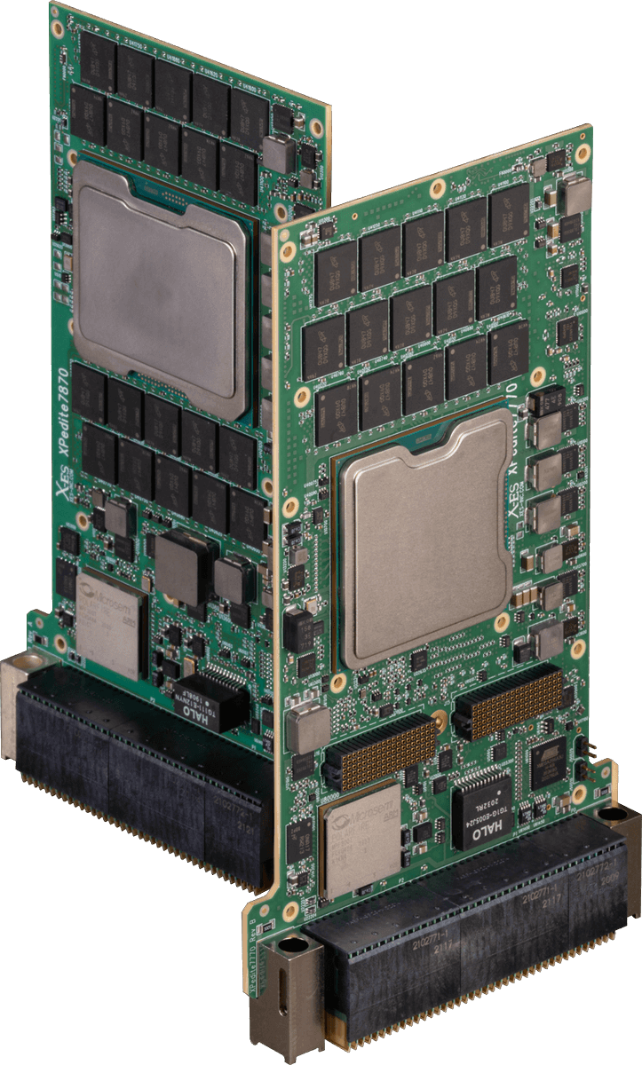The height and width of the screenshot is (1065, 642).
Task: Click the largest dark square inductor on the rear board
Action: click(181, 564)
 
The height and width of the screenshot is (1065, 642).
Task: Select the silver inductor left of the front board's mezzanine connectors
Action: click(307, 729)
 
